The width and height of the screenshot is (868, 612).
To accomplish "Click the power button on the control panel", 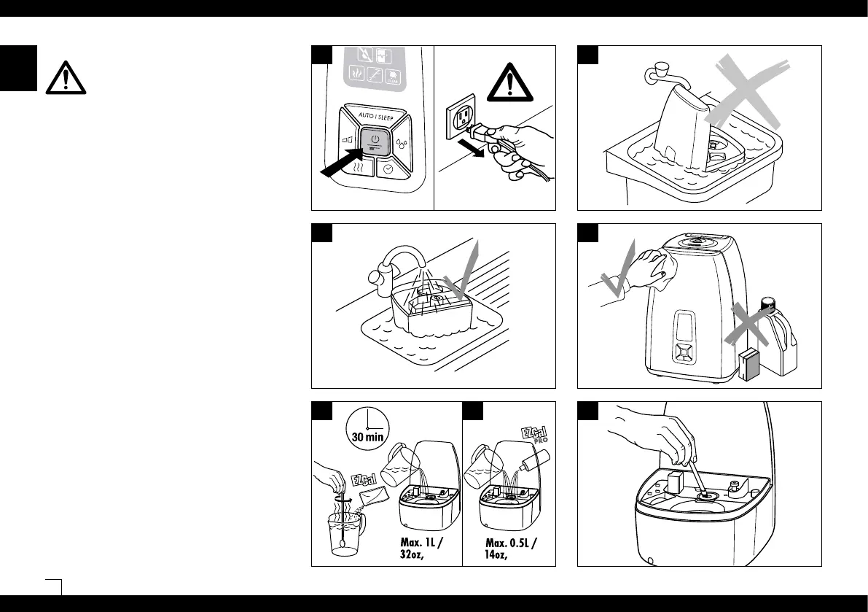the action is pyautogui.click(x=375, y=140).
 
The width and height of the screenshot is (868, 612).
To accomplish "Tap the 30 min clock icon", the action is pyautogui.click(x=367, y=427).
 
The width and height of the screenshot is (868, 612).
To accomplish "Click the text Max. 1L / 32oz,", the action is pyautogui.click(x=426, y=549).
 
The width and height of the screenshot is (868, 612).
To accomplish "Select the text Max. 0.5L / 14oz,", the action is pyautogui.click(x=511, y=549).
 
